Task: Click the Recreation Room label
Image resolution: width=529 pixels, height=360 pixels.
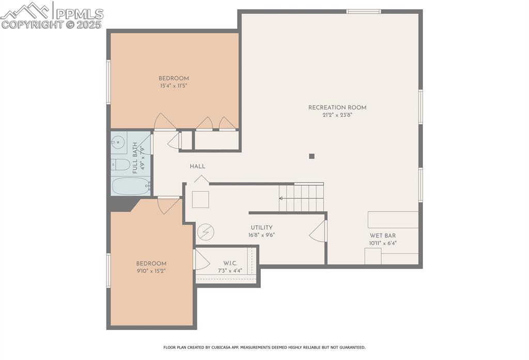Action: [x=337, y=107]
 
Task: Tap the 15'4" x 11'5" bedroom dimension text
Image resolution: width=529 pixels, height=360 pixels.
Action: [x=174, y=86]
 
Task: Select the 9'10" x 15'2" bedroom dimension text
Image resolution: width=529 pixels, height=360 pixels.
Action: [x=151, y=270]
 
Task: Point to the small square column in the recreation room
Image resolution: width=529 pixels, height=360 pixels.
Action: [x=312, y=156]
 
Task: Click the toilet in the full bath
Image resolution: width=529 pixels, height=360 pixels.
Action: [x=121, y=165]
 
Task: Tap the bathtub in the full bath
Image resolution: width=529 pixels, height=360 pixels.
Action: [x=130, y=186]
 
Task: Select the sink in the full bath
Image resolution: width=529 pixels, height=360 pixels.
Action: [x=118, y=141]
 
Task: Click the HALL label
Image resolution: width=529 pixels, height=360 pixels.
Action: [x=197, y=166]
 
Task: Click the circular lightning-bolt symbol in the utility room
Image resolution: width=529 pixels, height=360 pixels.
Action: [x=205, y=232]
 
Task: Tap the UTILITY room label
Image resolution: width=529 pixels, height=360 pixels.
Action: [x=261, y=227]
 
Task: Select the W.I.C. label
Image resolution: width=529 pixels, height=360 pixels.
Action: [x=230, y=263]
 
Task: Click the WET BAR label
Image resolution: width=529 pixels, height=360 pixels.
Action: [x=383, y=236]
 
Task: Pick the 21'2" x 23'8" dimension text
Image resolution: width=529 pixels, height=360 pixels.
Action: [x=337, y=115]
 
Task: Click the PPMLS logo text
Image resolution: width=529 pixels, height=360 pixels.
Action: [x=79, y=13]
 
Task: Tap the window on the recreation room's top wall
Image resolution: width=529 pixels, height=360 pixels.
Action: [x=363, y=11]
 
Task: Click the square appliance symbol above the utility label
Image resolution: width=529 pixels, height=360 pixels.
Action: [x=200, y=199]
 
